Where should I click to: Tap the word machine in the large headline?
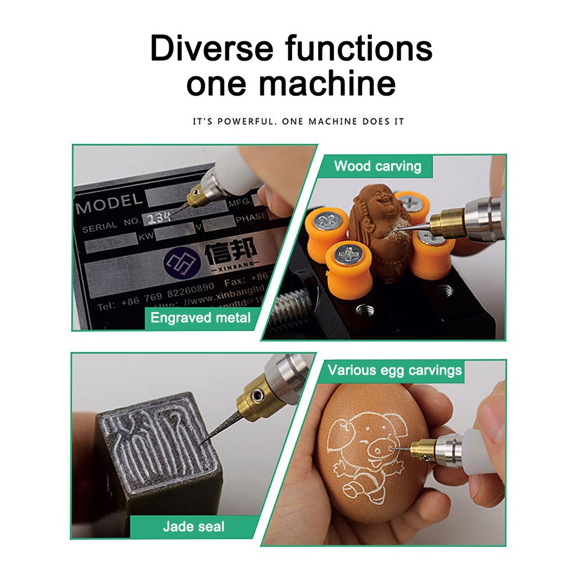pyautogui.click(x=327, y=83)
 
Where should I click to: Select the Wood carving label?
pyautogui.click(x=377, y=166)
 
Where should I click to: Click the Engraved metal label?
pyautogui.click(x=200, y=318)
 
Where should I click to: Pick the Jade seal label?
pyautogui.click(x=193, y=526)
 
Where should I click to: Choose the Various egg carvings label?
pyautogui.click(x=395, y=370)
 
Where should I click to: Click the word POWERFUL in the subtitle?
pyautogui.click(x=247, y=121)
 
